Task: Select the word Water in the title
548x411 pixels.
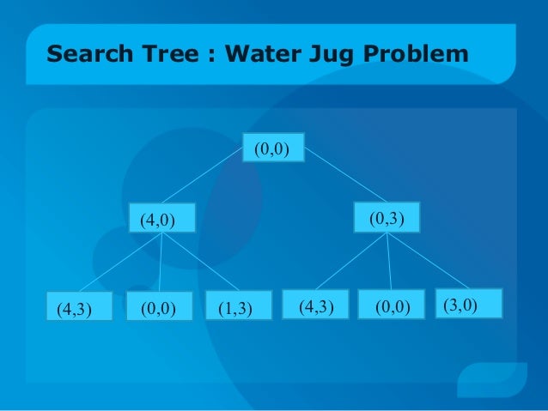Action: pyautogui.click(x=262, y=56)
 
